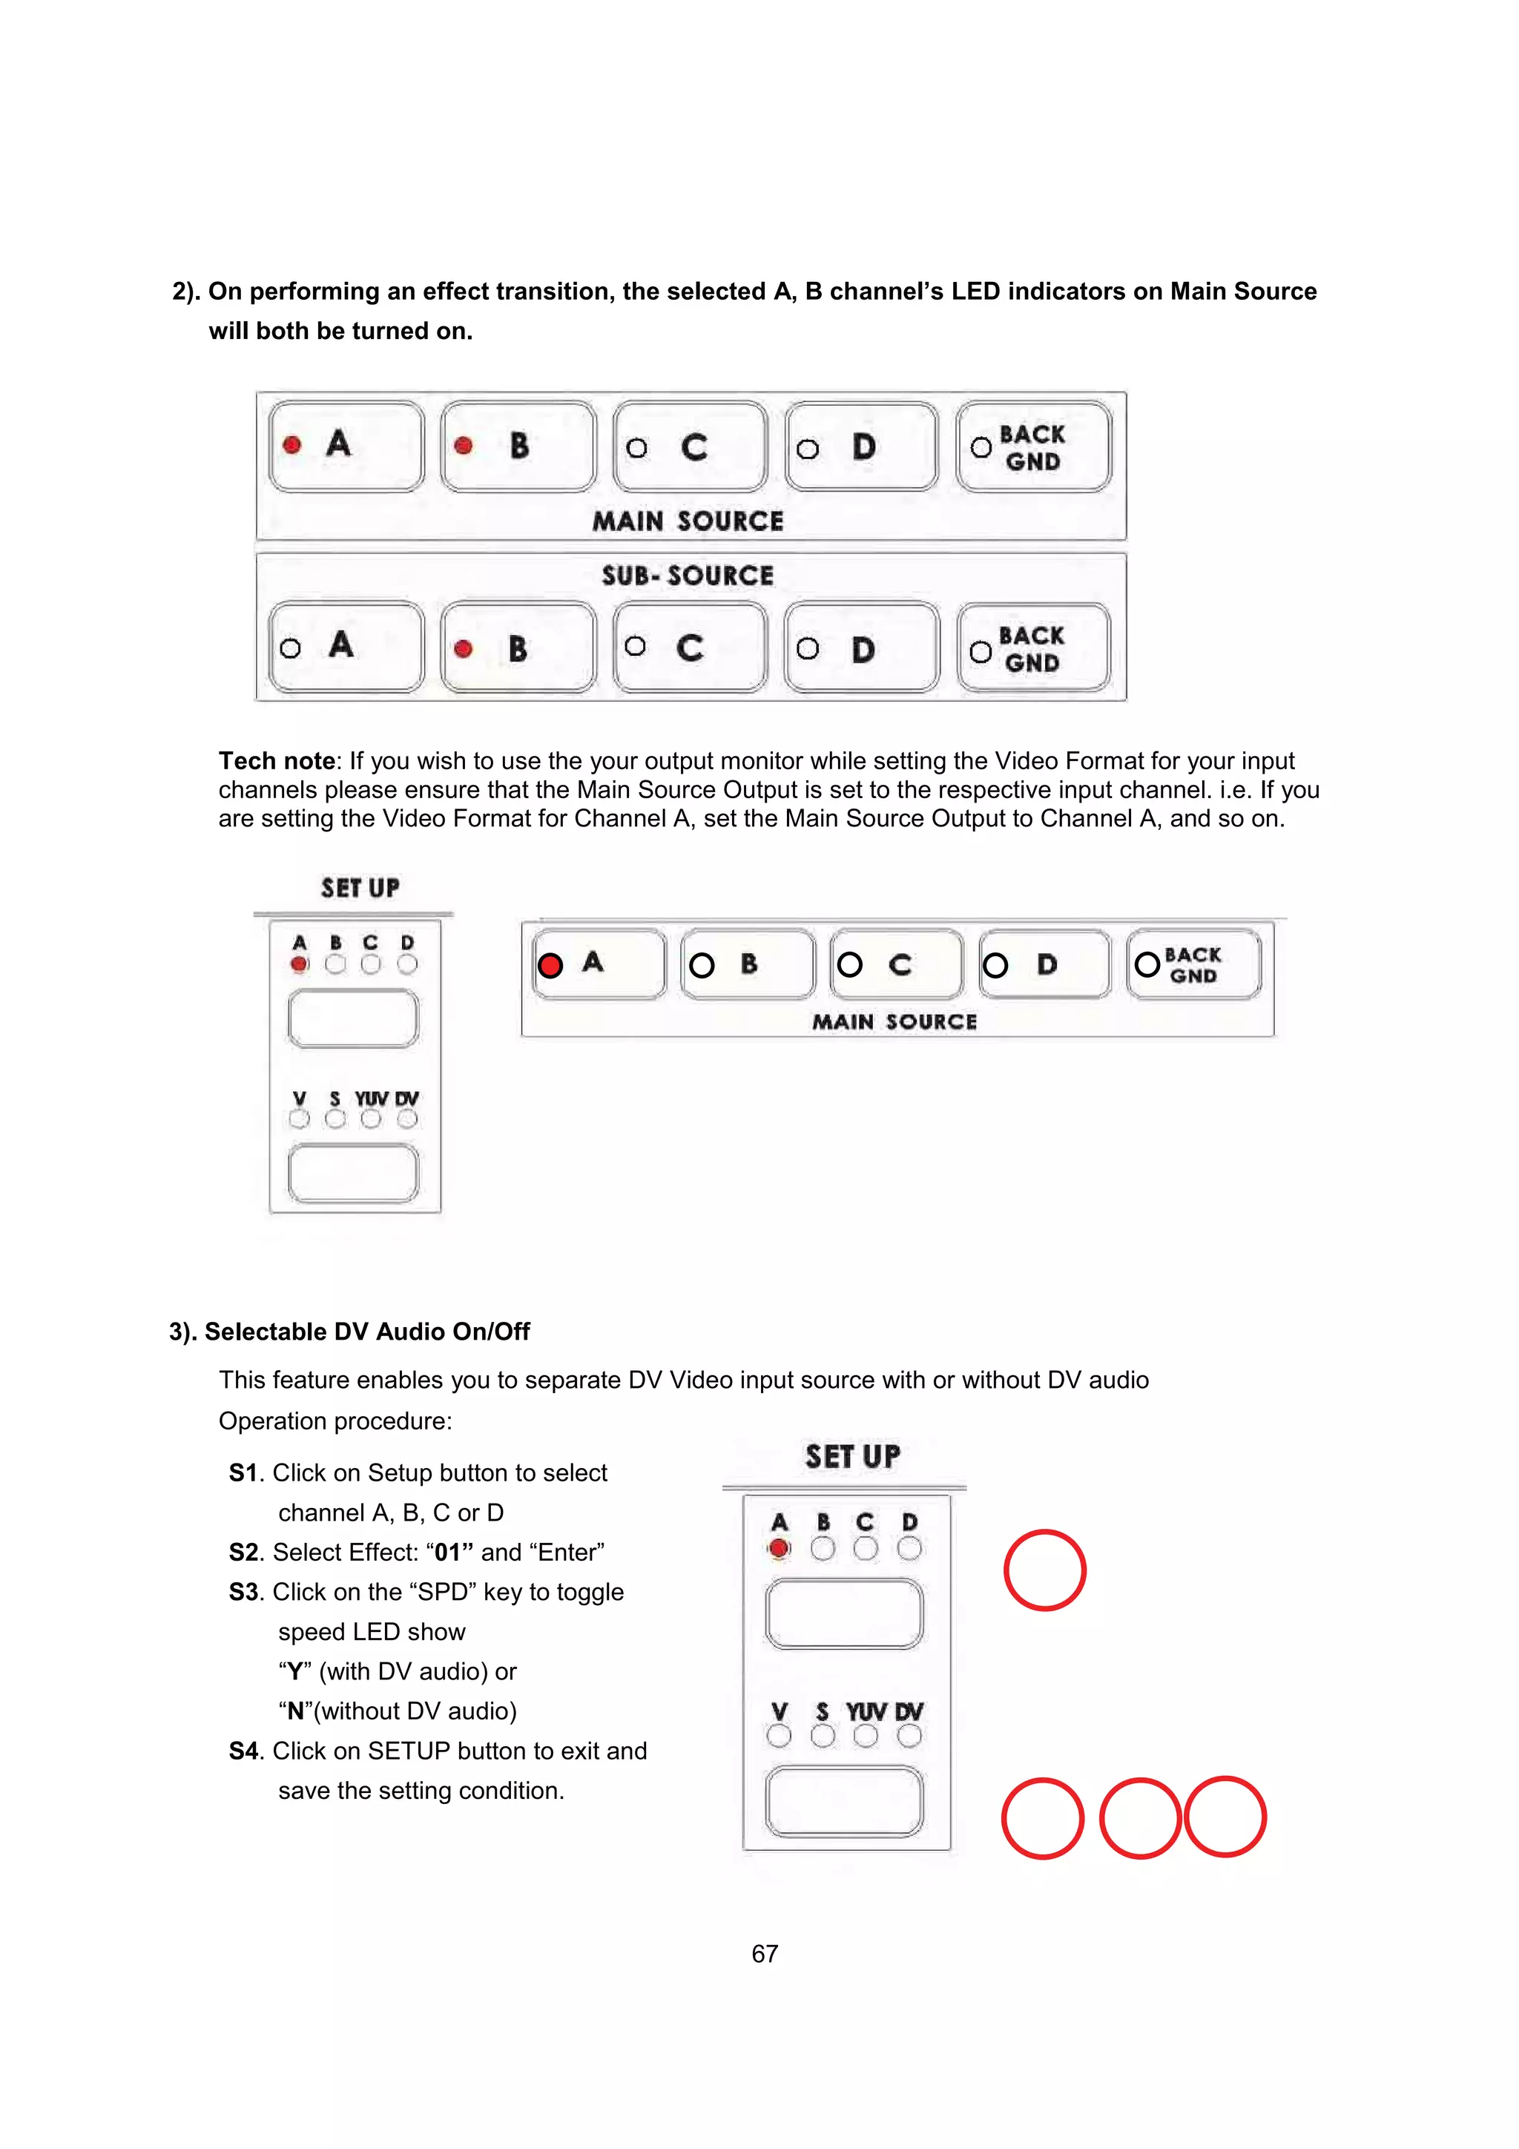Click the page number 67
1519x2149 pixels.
[x=764, y=1953]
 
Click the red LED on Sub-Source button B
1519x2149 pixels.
[x=462, y=648]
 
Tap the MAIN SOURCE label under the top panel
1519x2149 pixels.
[x=687, y=521]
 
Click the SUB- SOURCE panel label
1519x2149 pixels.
[x=687, y=576]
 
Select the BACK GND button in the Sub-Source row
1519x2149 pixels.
[x=1033, y=648]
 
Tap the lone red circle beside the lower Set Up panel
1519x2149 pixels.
[x=1044, y=1570]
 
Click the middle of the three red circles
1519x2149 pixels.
[x=1139, y=1817]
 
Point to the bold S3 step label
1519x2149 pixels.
[x=243, y=1592]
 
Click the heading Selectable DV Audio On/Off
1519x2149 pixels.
[x=367, y=1331]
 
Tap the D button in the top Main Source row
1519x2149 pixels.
[x=861, y=447]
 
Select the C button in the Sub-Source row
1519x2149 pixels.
[x=690, y=648]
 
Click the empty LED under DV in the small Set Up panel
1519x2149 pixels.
[x=407, y=1119]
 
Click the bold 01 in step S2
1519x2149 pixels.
[x=448, y=1553]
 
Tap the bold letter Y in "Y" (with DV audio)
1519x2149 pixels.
[x=294, y=1672]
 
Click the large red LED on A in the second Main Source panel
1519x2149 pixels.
[x=550, y=965]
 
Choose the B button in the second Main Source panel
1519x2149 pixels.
[x=747, y=964]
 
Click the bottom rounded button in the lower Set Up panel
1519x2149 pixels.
[x=843, y=1802]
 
